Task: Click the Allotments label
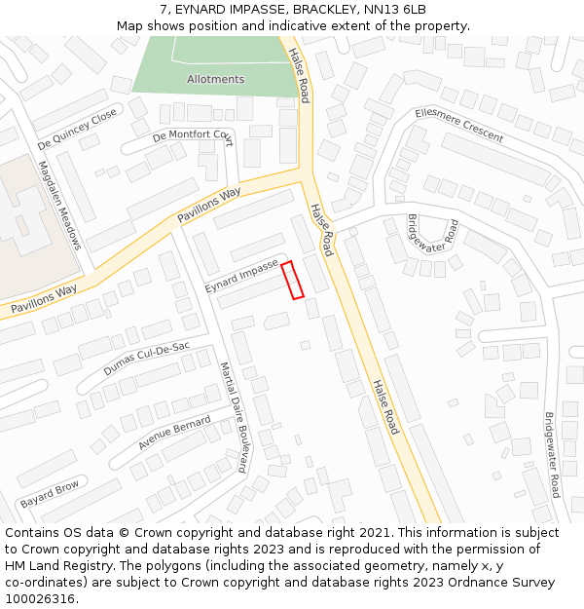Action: click(215, 79)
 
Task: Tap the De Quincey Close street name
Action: click(77, 130)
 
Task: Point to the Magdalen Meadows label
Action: click(60, 205)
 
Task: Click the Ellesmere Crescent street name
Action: click(458, 125)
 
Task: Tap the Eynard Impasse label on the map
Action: click(241, 276)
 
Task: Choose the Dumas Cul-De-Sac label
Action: click(146, 359)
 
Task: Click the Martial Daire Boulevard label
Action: click(233, 417)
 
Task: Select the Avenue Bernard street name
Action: click(174, 433)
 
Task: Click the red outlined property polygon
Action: click(292, 280)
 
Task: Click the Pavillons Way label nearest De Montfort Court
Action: click(208, 206)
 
